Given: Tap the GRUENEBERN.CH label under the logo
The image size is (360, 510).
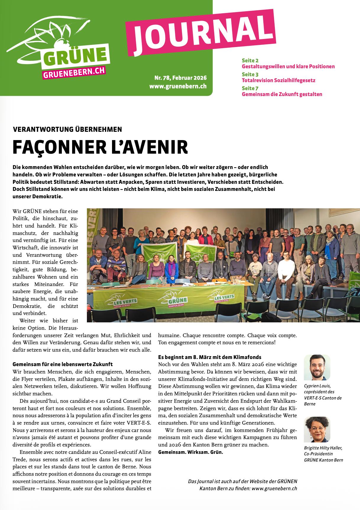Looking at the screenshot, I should point(74,72).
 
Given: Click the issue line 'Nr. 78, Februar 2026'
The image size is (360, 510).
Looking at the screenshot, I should point(180,78).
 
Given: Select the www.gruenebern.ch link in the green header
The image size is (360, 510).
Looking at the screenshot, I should point(178,86).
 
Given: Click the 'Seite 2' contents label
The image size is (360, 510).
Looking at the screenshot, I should point(250,61).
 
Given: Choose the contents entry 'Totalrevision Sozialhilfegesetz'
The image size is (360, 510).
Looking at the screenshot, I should point(278,80).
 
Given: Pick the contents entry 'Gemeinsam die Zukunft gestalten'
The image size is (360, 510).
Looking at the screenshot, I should point(282,94).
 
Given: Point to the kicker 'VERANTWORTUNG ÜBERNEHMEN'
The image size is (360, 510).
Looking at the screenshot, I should point(67,129).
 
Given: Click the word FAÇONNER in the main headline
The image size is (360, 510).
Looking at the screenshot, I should point(59,147).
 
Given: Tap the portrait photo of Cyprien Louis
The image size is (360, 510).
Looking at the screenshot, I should point(317,367).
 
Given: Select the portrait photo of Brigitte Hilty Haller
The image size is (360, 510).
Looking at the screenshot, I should point(317,429).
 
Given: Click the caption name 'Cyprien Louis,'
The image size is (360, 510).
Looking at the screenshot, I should point(317,386).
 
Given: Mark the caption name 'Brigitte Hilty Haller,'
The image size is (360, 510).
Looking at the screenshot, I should point(323,448).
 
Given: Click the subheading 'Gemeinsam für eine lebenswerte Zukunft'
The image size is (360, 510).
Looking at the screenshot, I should point(63,364).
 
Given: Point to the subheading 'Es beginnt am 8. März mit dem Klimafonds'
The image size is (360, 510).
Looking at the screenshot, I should point(210,357).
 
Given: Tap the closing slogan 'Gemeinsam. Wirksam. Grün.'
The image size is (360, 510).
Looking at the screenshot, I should point(191,452).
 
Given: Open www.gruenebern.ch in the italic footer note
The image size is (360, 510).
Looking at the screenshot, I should point(274,488).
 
